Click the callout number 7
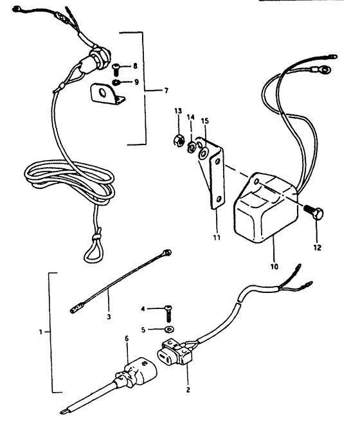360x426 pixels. click(166, 91)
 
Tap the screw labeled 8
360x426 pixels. click(116, 69)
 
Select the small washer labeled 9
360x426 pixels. click(116, 82)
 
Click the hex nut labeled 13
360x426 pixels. click(179, 140)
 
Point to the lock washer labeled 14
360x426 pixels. click(192, 148)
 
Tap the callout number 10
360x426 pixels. click(274, 267)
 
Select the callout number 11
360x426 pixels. click(217, 238)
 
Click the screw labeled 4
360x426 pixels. click(168, 313)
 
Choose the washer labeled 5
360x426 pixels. click(170, 330)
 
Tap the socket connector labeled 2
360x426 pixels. click(175, 352)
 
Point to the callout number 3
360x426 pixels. click(109, 317)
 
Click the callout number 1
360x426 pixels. click(40, 332)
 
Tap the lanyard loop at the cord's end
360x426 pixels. click(94, 251)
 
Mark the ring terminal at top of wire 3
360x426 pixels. click(167, 253)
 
